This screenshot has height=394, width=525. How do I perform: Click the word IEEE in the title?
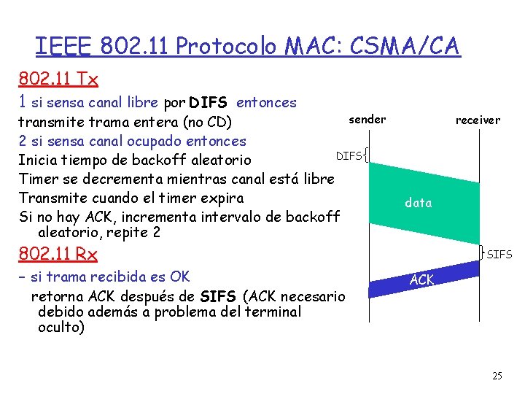(x=63, y=47)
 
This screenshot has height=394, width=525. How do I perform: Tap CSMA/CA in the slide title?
(x=405, y=47)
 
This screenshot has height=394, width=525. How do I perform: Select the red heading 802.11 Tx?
(x=59, y=78)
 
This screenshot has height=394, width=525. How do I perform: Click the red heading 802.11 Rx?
(x=59, y=255)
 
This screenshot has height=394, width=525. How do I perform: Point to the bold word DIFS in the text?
(x=208, y=103)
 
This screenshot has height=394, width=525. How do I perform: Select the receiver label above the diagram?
(x=478, y=120)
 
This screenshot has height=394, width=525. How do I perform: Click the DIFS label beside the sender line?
(x=348, y=156)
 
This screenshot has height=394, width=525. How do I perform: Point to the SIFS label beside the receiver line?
(x=499, y=255)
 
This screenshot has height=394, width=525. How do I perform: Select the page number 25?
(x=497, y=376)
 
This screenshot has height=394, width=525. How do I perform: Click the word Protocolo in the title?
(x=226, y=47)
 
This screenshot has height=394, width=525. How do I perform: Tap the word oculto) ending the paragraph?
(x=61, y=327)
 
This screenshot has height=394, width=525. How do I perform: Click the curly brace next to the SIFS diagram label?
(x=482, y=252)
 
